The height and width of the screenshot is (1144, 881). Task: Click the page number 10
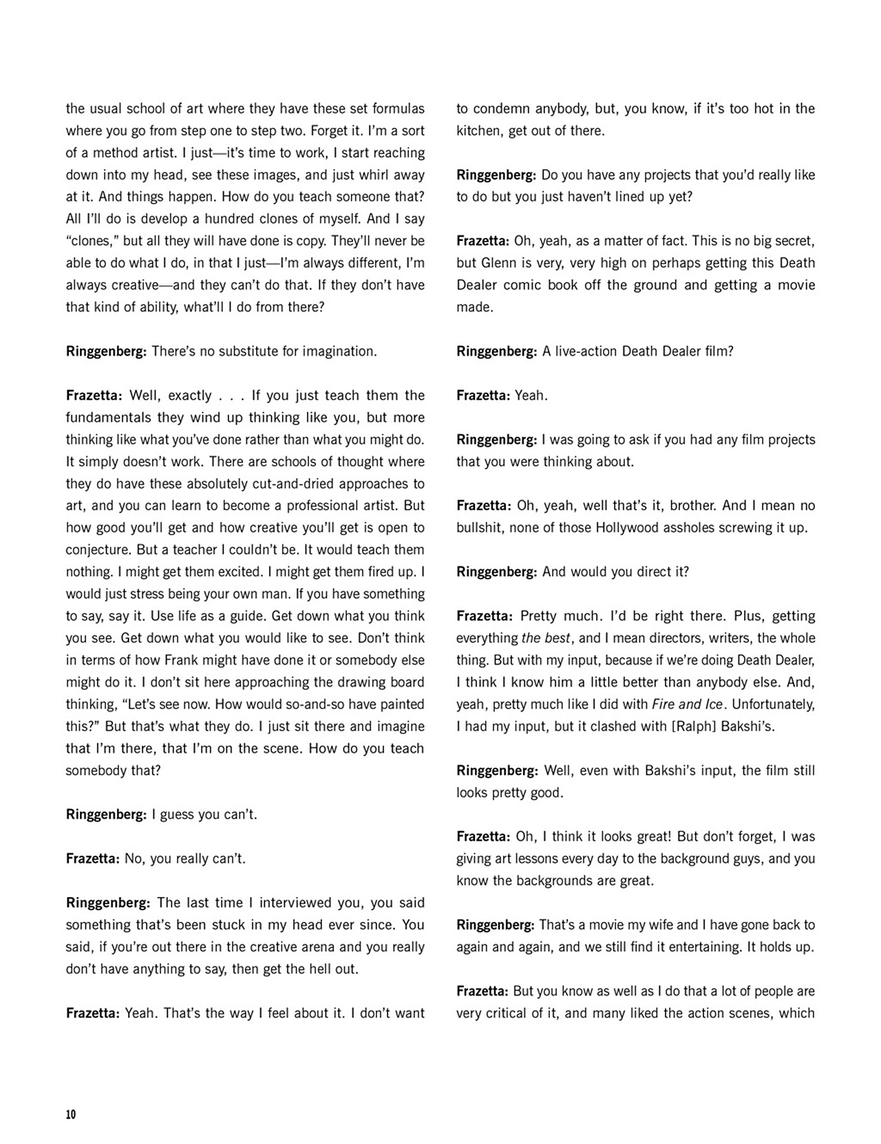[x=71, y=1114]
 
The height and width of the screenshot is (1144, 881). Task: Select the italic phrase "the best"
[x=546, y=638]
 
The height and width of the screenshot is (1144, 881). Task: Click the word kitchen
[x=479, y=131]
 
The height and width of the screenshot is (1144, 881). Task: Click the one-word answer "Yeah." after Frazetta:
[x=531, y=396]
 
